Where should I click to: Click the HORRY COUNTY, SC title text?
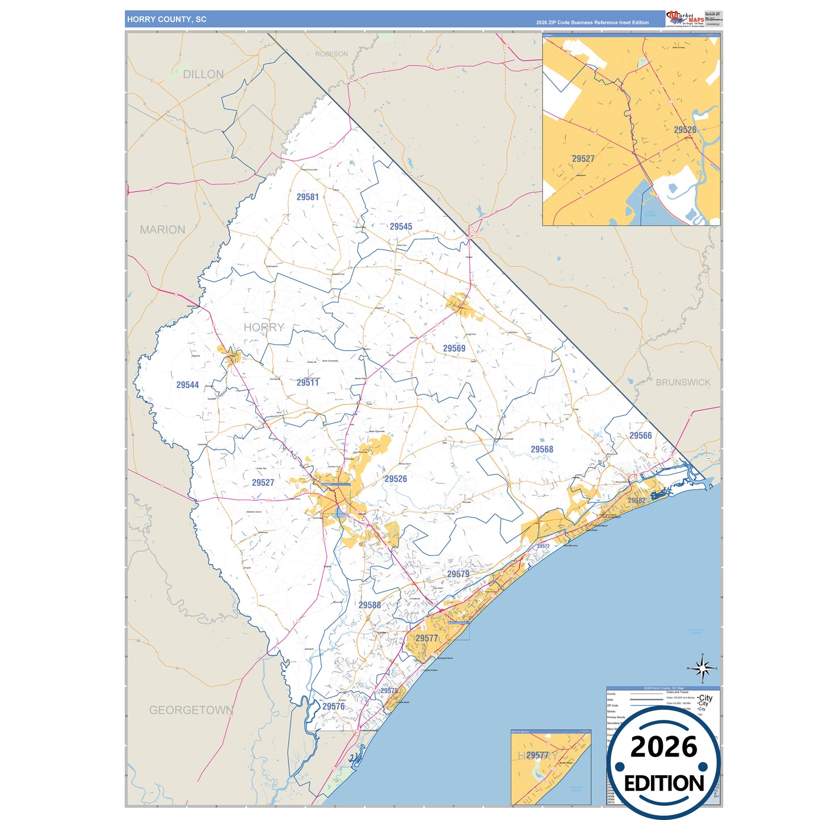coord(166,19)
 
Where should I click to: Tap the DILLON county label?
coord(203,74)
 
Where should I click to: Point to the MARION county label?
coord(162,230)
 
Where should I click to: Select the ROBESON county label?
coord(331,54)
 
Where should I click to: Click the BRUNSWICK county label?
coord(683,382)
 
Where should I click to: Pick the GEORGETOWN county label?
coord(191,710)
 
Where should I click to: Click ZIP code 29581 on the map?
coord(308,197)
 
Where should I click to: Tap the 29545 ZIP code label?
coord(401,226)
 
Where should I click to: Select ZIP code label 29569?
coord(454,348)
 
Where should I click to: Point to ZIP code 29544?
coord(187,385)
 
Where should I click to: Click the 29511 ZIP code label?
coord(308,382)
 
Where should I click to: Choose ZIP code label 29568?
coord(541,449)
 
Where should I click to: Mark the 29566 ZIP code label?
coord(640,435)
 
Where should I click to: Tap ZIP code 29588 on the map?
coord(369,605)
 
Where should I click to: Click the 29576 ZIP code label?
coord(333,707)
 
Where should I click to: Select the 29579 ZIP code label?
coord(458,574)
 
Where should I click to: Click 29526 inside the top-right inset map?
coord(684,130)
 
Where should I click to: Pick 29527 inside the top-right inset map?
coord(583,159)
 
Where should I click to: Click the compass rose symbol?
coord(702,668)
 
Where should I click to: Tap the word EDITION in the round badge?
coord(663,784)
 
